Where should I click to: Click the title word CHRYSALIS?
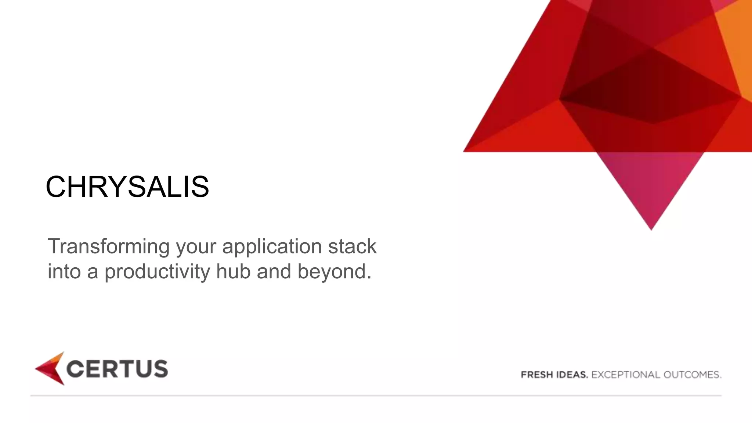click(127, 187)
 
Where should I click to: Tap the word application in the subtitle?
click(272, 246)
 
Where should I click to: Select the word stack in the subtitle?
click(352, 246)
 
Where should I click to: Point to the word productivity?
click(157, 272)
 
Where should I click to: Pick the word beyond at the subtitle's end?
click(334, 272)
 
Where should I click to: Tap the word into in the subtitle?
click(64, 271)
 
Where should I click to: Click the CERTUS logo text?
click(117, 369)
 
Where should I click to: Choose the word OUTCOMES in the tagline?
click(692, 375)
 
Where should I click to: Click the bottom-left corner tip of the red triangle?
click(465, 151)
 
